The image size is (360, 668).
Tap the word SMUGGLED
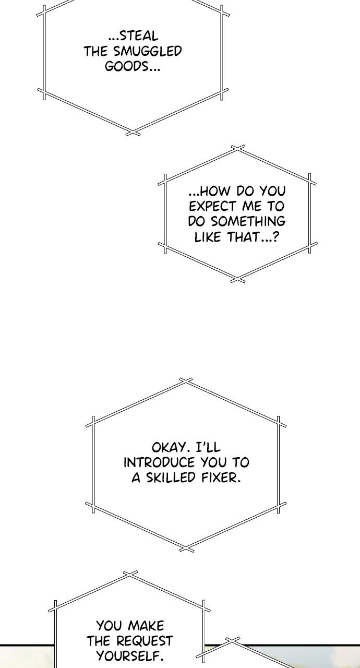pyautogui.click(x=148, y=51)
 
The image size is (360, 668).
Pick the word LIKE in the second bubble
pyautogui.click(x=208, y=237)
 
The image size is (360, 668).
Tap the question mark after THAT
pyautogui.click(x=275, y=237)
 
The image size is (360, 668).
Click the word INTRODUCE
pyautogui.click(x=159, y=462)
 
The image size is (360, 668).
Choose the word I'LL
pyautogui.click(x=208, y=448)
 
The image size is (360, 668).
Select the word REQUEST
pyautogui.click(x=145, y=641)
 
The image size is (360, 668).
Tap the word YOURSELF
pyautogui.click(x=130, y=656)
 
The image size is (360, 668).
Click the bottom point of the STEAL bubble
pyautogui.click(x=133, y=133)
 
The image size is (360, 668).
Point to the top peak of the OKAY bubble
pyautogui.click(x=186, y=381)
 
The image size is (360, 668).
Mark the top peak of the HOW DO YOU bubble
pyautogui.click(x=238, y=149)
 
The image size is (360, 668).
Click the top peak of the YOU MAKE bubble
pyautogui.click(x=130, y=574)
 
